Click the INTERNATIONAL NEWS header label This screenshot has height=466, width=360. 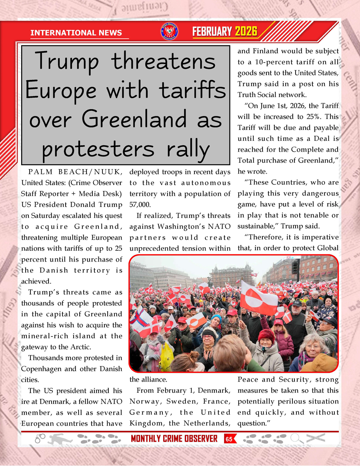coord(76,33)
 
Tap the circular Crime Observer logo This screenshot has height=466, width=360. coord(169,32)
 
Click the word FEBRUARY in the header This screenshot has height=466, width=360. coord(212,32)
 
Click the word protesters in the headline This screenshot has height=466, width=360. coord(98,149)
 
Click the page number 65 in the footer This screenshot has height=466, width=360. coord(229,439)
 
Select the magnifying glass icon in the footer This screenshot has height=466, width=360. coord(296,438)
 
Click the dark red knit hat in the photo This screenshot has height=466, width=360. coord(266,335)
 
